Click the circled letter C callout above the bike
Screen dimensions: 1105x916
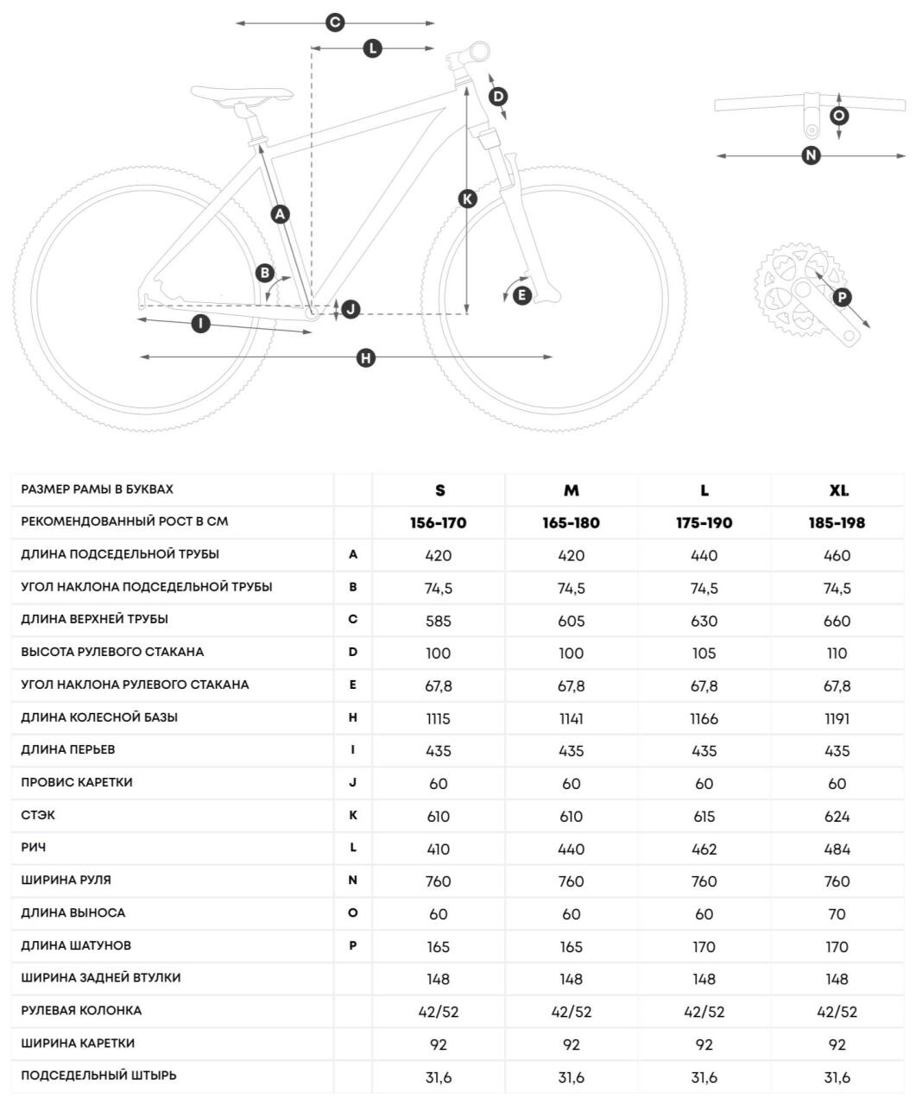click(335, 23)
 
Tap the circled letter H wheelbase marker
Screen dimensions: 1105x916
click(366, 357)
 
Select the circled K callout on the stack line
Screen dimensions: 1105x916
click(467, 199)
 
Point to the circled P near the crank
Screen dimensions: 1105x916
click(842, 298)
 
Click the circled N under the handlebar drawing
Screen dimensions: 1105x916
click(811, 155)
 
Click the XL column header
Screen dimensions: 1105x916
click(838, 490)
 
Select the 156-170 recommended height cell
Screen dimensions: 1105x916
click(439, 523)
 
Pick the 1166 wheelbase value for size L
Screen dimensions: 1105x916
click(704, 718)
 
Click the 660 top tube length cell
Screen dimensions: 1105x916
click(837, 621)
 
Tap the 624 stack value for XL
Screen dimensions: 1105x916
click(837, 817)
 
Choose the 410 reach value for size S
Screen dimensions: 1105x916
click(439, 849)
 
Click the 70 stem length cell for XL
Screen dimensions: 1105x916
click(837, 914)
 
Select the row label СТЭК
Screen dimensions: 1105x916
click(38, 815)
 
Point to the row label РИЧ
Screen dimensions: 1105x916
click(34, 848)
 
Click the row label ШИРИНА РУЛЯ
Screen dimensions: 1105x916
click(66, 880)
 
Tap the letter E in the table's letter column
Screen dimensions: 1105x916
click(353, 685)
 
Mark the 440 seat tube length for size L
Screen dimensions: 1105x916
click(704, 556)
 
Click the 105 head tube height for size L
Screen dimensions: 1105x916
click(704, 654)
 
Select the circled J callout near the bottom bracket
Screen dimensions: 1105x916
click(351, 308)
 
